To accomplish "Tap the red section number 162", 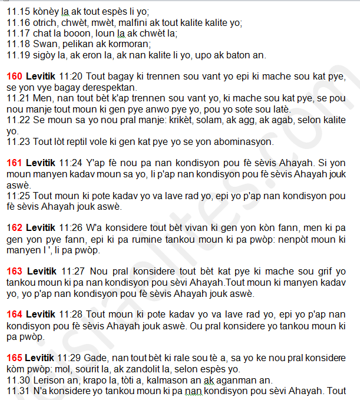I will (14, 227).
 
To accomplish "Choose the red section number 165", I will (14, 357).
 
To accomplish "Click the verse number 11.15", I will (18, 12).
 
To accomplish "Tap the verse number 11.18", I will (18, 44).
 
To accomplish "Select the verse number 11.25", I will (18, 196).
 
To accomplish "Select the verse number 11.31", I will (18, 390).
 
